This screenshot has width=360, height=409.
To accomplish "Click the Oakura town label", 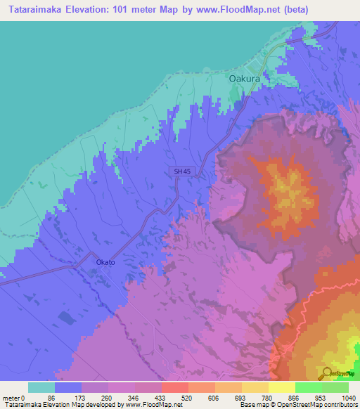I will [245, 79].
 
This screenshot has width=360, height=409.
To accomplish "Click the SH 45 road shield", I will [181, 171].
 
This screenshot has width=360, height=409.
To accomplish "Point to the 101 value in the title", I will [131, 10].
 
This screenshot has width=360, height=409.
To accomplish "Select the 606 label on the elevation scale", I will [214, 397].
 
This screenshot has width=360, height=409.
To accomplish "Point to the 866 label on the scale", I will [295, 397].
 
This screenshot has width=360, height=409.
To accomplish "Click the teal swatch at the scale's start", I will [41, 387].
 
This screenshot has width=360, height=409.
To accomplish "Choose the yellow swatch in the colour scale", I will [281, 387].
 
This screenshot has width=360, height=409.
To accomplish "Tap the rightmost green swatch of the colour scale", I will [335, 387].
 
